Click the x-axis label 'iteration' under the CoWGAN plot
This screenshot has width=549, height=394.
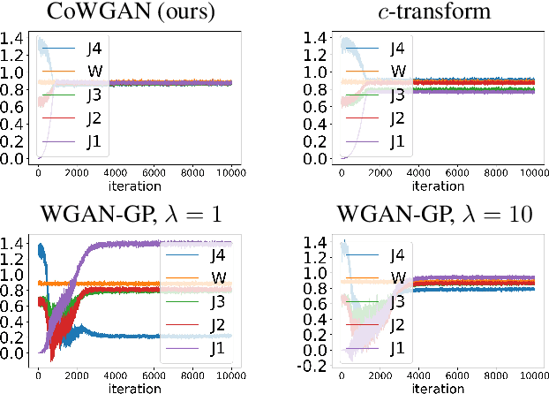pos(136,187)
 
